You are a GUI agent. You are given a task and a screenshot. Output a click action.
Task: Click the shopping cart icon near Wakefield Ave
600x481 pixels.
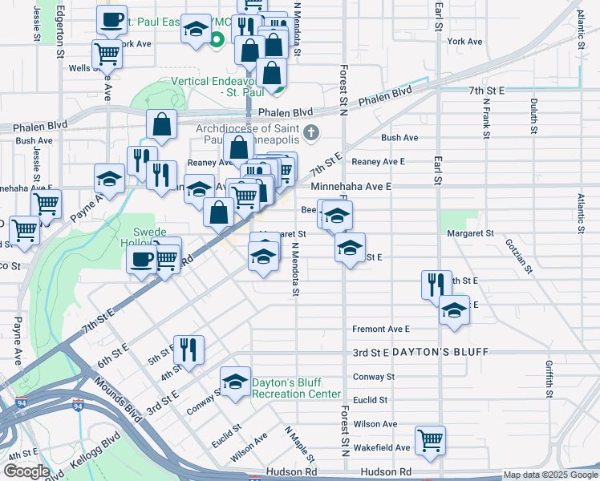(431, 439)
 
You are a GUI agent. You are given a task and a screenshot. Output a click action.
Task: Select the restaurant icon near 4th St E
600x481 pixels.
(189, 349)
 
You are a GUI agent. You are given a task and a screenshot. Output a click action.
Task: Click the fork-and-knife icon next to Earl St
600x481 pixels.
(436, 284)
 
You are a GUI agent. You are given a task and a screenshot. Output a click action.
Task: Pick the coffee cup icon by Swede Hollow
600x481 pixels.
(142, 259)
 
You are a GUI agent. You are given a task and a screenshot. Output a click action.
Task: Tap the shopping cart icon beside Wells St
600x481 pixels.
(107, 55)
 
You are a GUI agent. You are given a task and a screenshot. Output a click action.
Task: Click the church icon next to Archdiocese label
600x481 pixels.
(312, 131)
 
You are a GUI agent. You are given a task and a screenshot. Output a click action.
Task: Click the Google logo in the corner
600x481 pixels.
(26, 471)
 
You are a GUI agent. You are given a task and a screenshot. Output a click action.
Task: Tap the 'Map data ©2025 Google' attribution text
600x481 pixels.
(550, 475)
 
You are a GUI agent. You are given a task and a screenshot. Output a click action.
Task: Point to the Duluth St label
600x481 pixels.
(533, 115)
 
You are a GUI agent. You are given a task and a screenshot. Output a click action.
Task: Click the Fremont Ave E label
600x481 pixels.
(381, 329)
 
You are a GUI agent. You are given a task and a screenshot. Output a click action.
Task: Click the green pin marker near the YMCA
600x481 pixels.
(216, 37)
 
